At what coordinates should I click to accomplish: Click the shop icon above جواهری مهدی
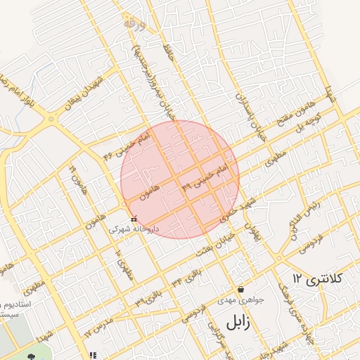[x=241, y=289]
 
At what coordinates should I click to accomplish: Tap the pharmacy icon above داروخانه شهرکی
[x=134, y=219]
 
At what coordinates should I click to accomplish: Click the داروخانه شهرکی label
[x=133, y=229]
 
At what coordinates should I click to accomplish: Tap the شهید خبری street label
[x=234, y=210]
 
